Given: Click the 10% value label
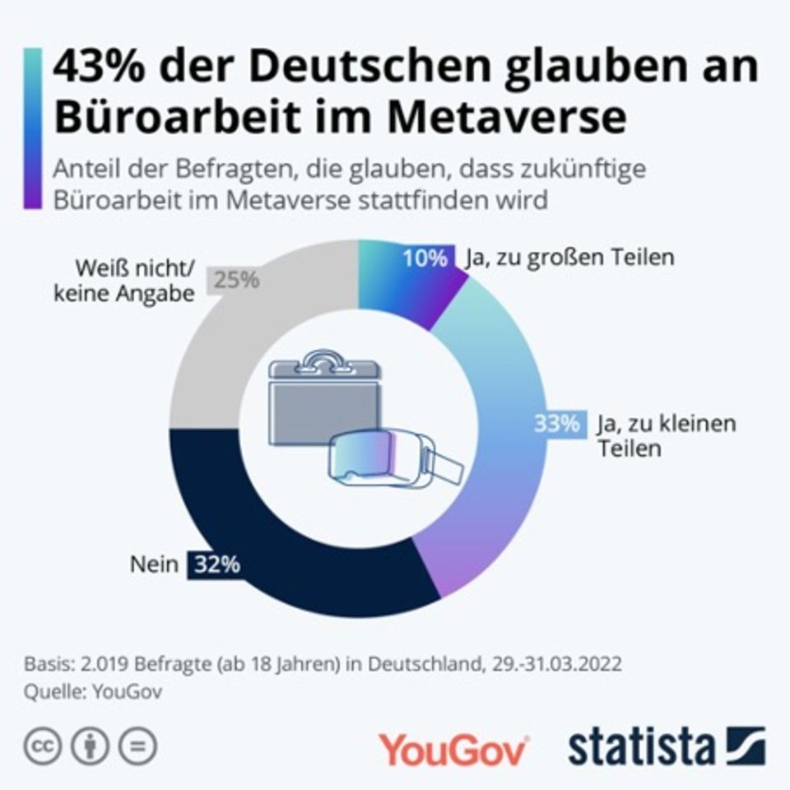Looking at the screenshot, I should point(424,258).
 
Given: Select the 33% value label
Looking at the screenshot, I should point(556,425).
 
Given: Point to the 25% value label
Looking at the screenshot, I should point(237,280).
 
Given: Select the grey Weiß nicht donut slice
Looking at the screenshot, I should point(247,346).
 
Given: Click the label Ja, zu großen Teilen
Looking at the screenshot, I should point(569,258).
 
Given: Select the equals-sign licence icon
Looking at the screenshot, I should point(138,746).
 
